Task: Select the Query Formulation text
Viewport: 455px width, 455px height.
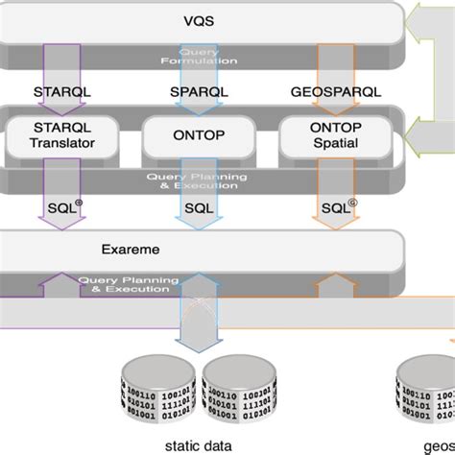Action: pyautogui.click(x=199, y=57)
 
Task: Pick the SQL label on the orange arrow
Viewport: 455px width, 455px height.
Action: pyautogui.click(x=334, y=206)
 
